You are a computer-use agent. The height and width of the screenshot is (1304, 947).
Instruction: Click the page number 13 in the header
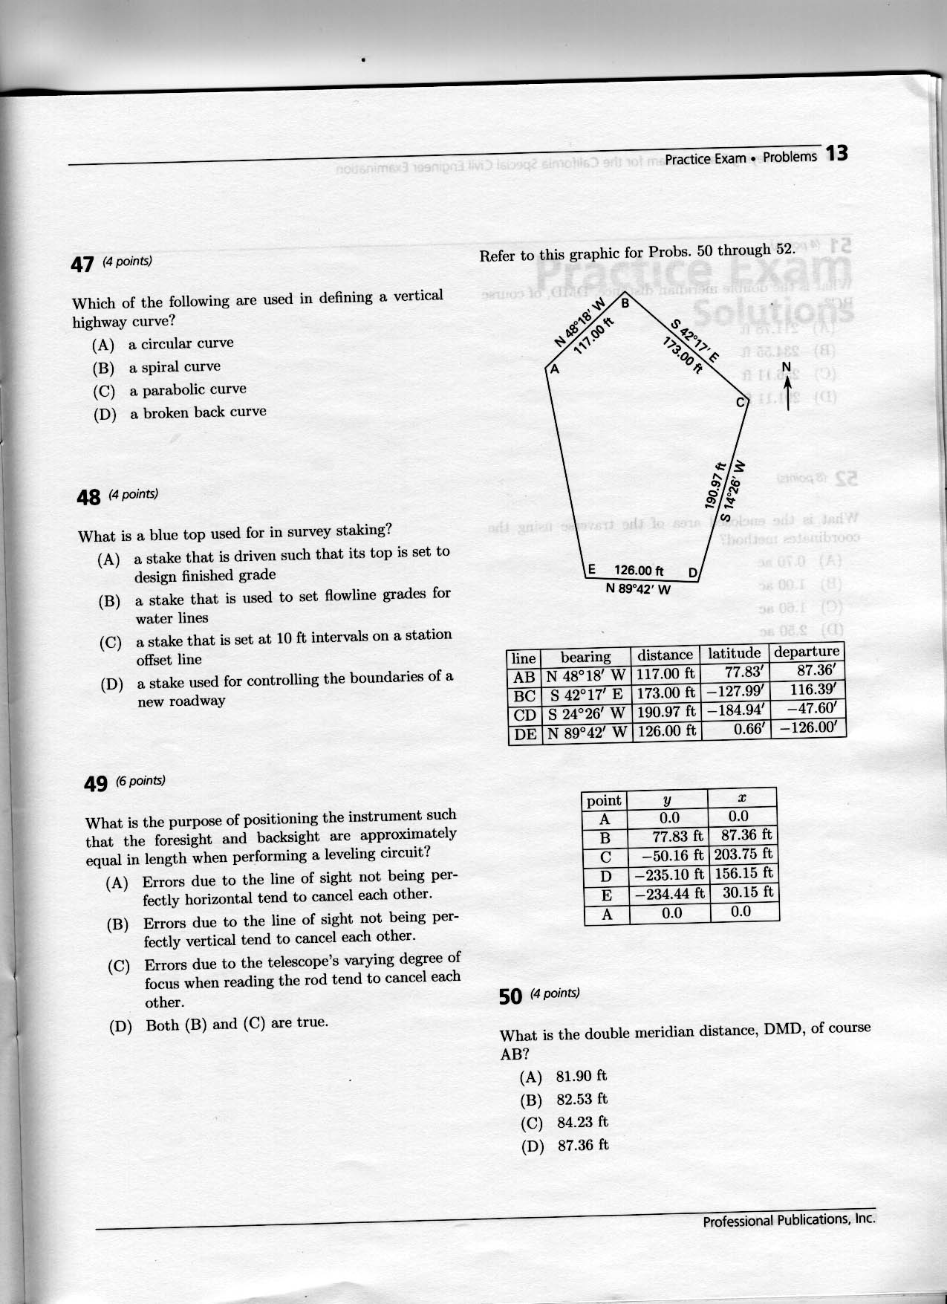[x=836, y=154]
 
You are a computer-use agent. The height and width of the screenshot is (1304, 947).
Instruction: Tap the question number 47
[x=83, y=265]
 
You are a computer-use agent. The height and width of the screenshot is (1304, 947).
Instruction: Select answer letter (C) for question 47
[x=103, y=392]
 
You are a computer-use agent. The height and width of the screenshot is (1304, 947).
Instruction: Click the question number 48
[x=88, y=497]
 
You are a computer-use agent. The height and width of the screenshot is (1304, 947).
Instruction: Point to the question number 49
[x=97, y=783]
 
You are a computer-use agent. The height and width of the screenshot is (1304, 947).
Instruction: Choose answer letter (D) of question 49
[x=120, y=1028]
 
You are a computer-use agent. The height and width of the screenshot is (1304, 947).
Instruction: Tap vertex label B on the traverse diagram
[x=625, y=303]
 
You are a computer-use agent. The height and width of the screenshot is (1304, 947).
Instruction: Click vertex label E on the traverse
[x=592, y=570]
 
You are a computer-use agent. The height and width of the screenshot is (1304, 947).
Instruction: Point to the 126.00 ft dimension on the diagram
[x=639, y=571]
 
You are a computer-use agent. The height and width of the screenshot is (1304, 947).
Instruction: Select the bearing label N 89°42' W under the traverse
[x=638, y=590]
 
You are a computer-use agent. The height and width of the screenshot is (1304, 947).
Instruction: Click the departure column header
[x=806, y=652]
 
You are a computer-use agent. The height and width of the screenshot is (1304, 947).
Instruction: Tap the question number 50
[x=511, y=997]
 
